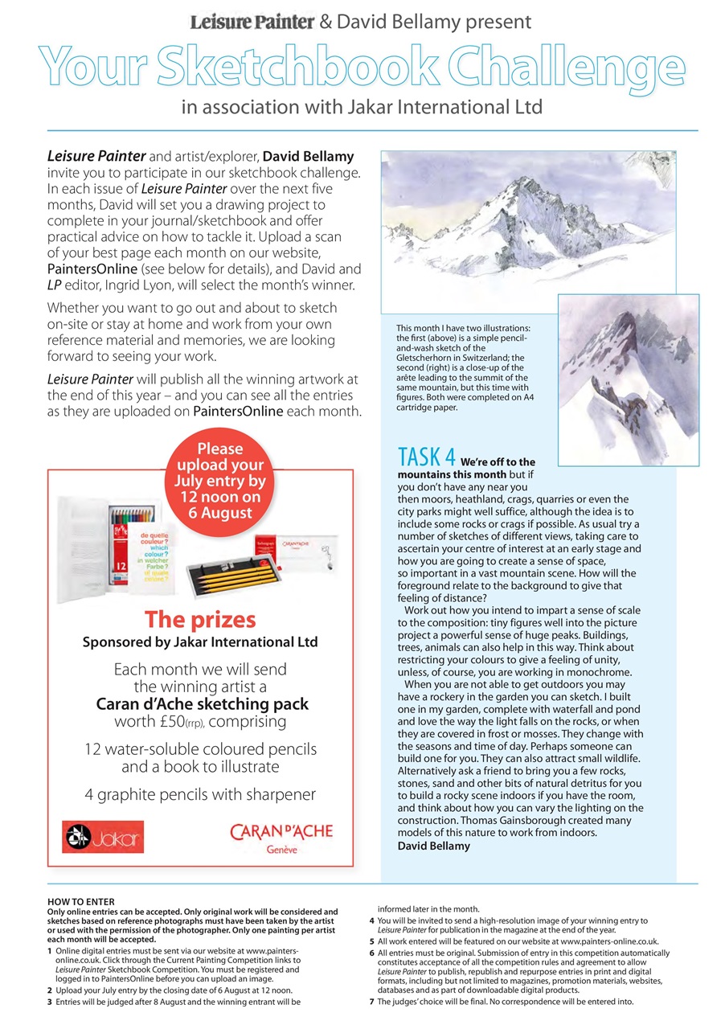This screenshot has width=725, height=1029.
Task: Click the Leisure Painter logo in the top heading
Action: point(251,22)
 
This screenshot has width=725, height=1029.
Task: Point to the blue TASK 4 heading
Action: point(427,457)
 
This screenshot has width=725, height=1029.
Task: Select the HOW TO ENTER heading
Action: point(81,902)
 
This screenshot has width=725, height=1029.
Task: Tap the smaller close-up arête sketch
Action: point(628,379)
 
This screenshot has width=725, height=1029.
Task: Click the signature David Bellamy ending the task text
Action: point(434,846)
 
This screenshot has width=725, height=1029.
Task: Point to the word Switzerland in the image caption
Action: point(481,359)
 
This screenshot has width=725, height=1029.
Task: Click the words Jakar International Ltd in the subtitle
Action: point(449,107)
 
